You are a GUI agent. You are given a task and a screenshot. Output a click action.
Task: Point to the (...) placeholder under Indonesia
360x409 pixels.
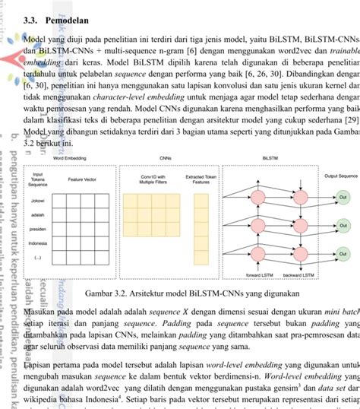39,258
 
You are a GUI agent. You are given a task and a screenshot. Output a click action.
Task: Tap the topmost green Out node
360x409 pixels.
343,196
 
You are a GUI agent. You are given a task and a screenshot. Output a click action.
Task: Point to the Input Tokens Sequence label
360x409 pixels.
39,179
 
